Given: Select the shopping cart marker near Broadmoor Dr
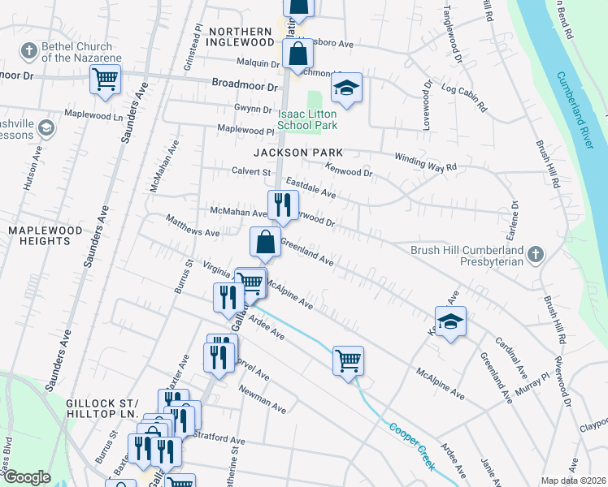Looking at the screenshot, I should (x=105, y=80).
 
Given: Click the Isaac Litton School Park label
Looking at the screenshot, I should (x=306, y=119).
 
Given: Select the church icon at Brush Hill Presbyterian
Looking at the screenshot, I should (x=535, y=255).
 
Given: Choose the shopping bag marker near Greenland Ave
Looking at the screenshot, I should (x=265, y=242).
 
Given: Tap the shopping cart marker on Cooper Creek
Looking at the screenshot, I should (x=348, y=359).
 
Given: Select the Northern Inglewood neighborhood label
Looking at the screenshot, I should (x=241, y=36).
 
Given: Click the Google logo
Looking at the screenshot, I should (x=26, y=477).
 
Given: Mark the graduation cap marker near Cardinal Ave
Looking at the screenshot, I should (x=450, y=321).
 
